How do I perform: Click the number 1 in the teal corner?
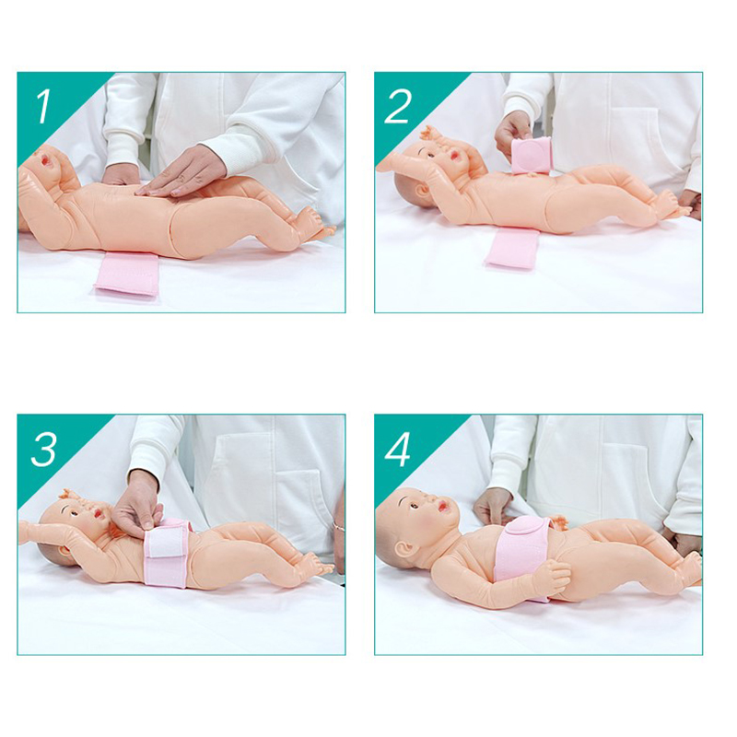click(43, 107)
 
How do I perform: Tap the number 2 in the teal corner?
click(398, 107)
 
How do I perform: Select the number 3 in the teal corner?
click(43, 450)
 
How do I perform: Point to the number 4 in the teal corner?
click(398, 450)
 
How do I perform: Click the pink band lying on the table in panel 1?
click(127, 274)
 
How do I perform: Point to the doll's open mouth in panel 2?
click(456, 155)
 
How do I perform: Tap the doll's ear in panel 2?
click(421, 189)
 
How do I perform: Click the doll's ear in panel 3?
click(67, 547)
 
